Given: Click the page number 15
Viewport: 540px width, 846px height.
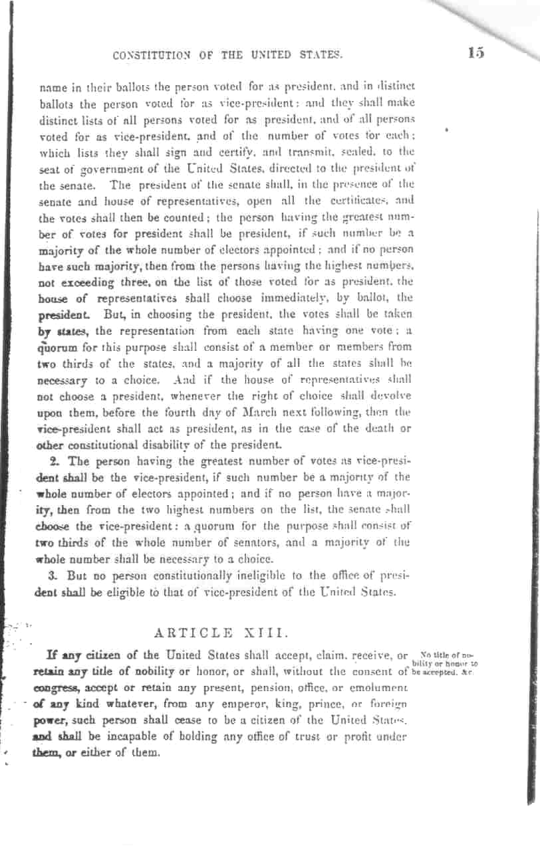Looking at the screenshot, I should (x=475, y=54).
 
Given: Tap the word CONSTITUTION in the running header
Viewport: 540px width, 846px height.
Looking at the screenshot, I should (x=152, y=56).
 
